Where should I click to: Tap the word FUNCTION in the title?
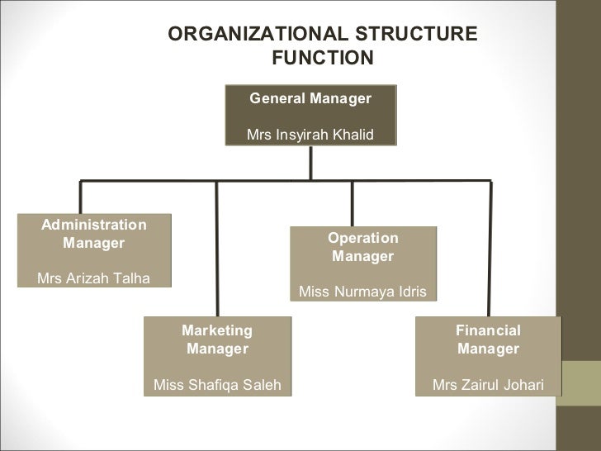tap(322, 59)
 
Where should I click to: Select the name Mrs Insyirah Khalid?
tap(310, 135)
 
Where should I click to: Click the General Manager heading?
tap(310, 99)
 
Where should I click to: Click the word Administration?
tap(94, 225)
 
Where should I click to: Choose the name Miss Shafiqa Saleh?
tap(217, 385)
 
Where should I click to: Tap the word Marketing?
tap(217, 330)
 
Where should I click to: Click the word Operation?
tap(362, 238)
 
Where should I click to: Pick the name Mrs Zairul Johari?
tap(487, 385)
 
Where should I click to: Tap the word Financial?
tap(488, 330)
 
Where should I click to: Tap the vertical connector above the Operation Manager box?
tap(353, 202)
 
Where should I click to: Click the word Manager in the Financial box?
tap(488, 349)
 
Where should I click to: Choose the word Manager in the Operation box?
tap(362, 257)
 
